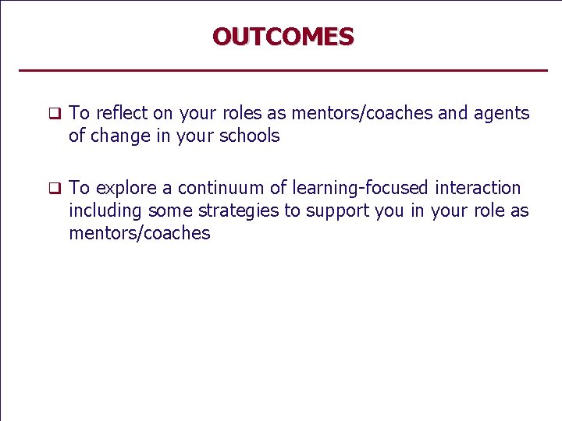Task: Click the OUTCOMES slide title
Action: [x=283, y=37]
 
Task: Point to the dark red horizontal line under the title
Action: [x=283, y=71]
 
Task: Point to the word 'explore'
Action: [x=125, y=188]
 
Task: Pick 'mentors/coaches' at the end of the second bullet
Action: [x=140, y=233]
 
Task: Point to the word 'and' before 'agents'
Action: [x=453, y=113]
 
